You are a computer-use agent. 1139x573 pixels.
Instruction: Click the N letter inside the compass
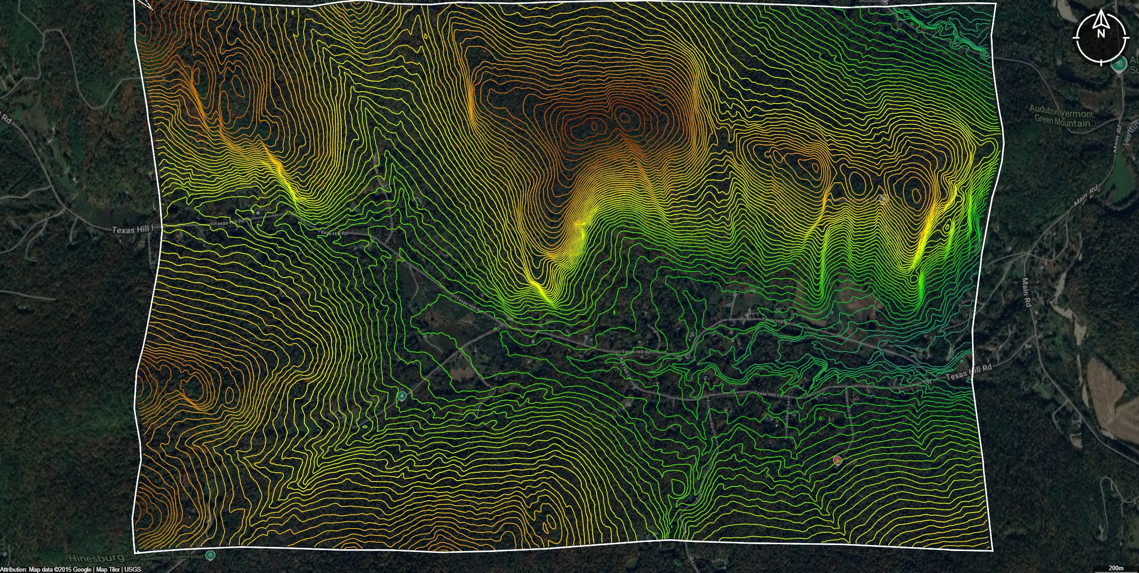click(x=1101, y=33)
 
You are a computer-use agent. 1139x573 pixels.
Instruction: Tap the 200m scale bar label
click(x=1116, y=568)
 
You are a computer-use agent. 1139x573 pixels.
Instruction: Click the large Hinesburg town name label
click(x=97, y=557)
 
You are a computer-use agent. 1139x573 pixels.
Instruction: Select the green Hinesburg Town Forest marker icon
click(x=210, y=556)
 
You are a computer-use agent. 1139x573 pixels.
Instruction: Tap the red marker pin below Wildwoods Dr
click(x=838, y=460)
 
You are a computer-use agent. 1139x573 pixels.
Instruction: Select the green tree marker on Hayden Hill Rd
click(x=402, y=395)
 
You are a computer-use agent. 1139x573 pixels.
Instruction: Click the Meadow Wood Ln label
click(x=482, y=376)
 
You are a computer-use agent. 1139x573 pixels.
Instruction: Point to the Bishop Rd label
click(x=390, y=232)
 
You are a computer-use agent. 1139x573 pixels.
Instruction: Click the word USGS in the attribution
click(x=133, y=569)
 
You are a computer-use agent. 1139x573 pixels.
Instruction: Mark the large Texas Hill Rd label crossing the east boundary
click(x=968, y=373)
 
